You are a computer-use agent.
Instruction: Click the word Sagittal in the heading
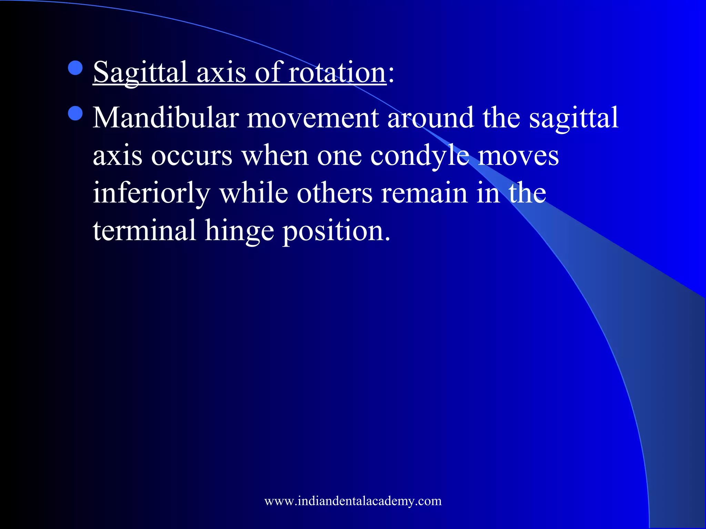[x=140, y=72]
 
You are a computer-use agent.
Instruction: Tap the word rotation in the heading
[x=337, y=72]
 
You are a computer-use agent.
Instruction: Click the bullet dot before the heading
[x=75, y=68]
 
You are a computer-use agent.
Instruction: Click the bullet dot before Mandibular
[x=75, y=113]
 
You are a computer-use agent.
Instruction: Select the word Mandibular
[x=166, y=118]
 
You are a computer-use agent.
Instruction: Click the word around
[x=431, y=118]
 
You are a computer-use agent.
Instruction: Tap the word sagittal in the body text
[x=574, y=118]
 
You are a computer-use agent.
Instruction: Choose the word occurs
[x=192, y=156]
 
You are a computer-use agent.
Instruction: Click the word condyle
[x=420, y=156]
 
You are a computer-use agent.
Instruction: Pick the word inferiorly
[x=151, y=193]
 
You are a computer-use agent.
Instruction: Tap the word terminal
[x=144, y=230]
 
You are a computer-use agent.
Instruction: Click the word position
[x=336, y=230]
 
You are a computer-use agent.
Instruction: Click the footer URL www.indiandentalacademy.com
[x=353, y=501]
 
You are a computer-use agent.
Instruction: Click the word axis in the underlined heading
[x=221, y=72]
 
